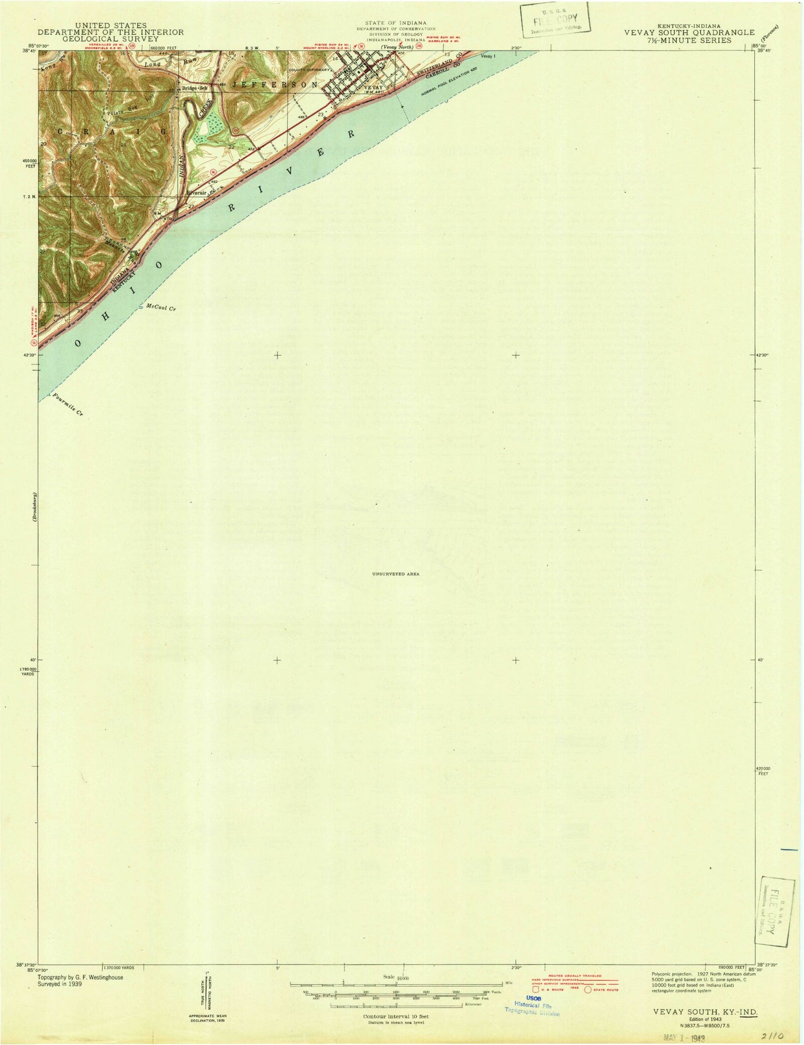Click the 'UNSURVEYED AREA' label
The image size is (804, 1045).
pyautogui.click(x=396, y=574)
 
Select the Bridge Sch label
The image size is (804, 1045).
pyautogui.click(x=193, y=87)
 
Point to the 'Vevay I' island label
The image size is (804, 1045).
pyautogui.click(x=489, y=56)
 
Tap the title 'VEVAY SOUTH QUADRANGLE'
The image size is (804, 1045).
pyautogui.click(x=689, y=33)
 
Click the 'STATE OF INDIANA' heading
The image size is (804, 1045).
pyautogui.click(x=400, y=23)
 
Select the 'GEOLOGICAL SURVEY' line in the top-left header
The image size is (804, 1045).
pyautogui.click(x=111, y=39)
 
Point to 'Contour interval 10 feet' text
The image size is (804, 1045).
pyautogui.click(x=396, y=1016)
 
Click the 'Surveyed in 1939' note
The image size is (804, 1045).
pyautogui.click(x=59, y=984)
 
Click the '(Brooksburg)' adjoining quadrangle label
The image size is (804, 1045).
pyautogui.click(x=33, y=506)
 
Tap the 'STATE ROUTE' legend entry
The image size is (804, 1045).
pyautogui.click(x=606, y=990)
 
